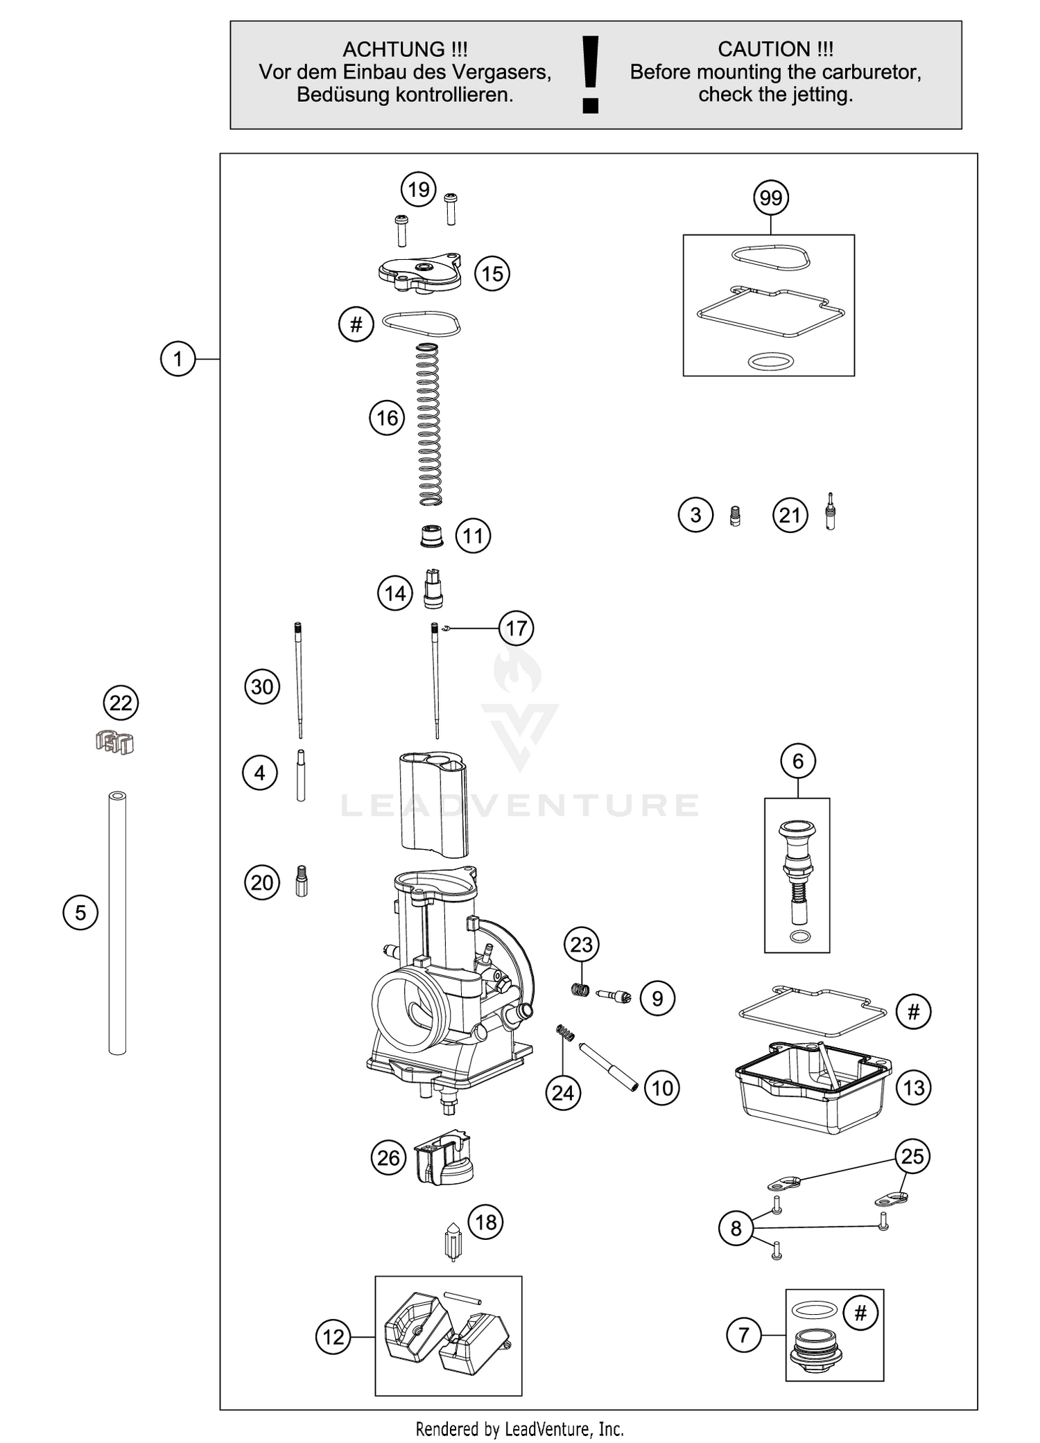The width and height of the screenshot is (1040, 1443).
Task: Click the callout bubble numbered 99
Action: point(771,198)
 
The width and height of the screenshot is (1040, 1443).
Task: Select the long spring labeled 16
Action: point(429,424)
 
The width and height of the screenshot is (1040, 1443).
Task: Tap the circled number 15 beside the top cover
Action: point(492,274)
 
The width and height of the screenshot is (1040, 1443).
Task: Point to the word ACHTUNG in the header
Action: point(393,49)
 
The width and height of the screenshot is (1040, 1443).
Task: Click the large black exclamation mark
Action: point(591,75)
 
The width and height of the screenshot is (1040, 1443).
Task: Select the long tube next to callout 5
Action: point(117,922)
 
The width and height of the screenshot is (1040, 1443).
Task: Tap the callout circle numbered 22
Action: point(121,703)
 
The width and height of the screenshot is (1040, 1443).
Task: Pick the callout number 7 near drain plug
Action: point(744,1334)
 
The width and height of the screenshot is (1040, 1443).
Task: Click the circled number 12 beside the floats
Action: point(333,1336)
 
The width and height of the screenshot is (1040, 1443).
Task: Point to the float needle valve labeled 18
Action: point(452,1241)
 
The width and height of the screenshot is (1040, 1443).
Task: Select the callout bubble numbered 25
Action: point(912,1156)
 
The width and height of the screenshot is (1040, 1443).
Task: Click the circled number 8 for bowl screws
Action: point(736,1228)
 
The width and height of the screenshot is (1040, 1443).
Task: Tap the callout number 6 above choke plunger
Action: point(798,761)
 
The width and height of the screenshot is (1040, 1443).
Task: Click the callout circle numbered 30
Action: point(262,687)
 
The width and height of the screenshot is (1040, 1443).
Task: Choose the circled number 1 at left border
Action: point(178,359)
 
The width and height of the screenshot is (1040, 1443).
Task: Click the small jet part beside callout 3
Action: point(736,516)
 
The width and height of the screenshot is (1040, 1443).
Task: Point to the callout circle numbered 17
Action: point(517,629)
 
